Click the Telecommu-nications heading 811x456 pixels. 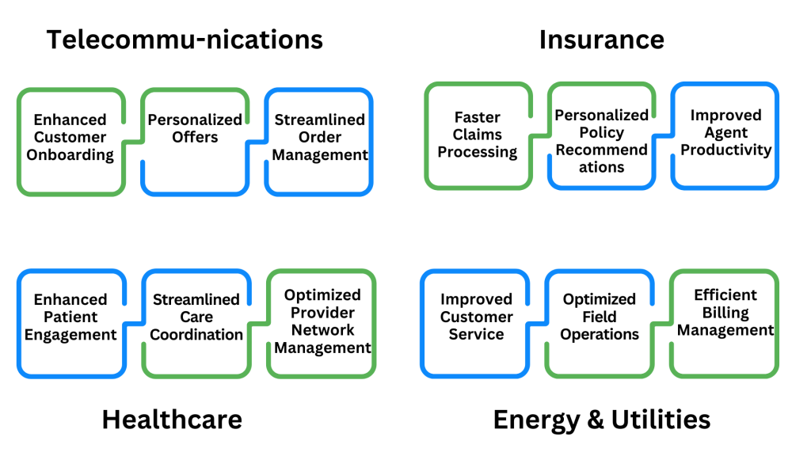(185, 40)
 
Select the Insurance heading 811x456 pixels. (601, 40)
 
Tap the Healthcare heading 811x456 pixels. (171, 419)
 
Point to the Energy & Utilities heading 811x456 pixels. (601, 419)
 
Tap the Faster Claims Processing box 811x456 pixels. (478, 136)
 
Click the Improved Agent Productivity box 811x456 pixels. (725, 136)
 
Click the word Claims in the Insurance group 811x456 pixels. (478, 135)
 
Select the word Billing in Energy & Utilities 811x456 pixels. (725, 312)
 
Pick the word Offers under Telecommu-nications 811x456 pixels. (195, 137)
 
